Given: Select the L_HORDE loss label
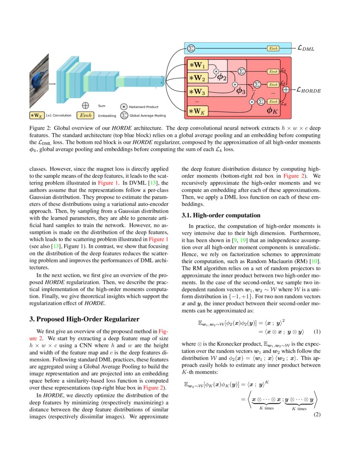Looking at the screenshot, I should click(x=308, y=90).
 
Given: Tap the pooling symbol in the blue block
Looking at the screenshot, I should click(x=191, y=48).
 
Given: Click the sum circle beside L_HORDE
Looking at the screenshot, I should click(x=286, y=89).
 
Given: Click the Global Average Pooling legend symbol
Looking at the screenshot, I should click(x=124, y=115).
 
